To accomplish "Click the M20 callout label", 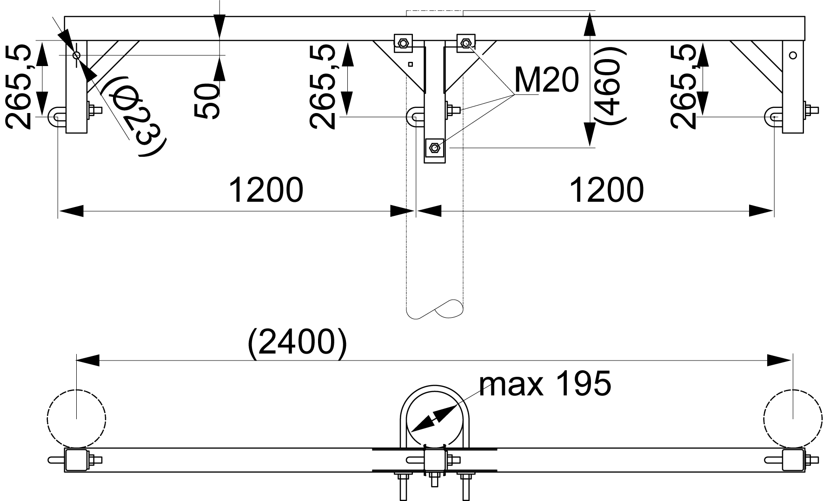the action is click(x=547, y=80).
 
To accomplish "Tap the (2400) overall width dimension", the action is click(x=298, y=344).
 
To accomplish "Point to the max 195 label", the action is click(x=545, y=384).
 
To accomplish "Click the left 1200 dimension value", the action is click(x=266, y=190).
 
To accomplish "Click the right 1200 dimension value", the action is click(x=606, y=190).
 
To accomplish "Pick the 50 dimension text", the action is click(x=206, y=101).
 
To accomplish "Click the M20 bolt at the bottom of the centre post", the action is click(x=434, y=148).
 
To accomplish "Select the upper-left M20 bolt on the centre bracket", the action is click(x=402, y=44).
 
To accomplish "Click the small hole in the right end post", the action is click(x=793, y=55).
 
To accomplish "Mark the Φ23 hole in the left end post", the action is click(x=76, y=55).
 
